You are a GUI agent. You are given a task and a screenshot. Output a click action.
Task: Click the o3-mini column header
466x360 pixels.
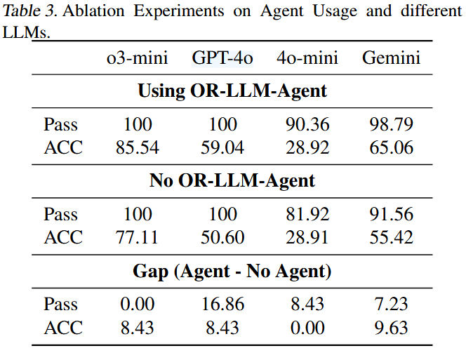coord(138,58)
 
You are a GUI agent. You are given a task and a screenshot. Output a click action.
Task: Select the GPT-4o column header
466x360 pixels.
coord(222,58)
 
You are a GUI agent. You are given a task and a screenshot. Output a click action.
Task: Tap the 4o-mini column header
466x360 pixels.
coord(307,58)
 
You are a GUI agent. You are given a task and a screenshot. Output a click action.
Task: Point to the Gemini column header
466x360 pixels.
coord(392,58)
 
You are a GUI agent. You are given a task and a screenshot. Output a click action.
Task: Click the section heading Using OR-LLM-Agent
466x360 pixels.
coord(232,91)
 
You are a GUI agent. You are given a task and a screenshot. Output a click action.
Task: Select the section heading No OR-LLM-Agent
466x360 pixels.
coord(232,181)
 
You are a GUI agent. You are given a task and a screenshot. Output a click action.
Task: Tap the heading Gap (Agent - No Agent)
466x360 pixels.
coord(232,271)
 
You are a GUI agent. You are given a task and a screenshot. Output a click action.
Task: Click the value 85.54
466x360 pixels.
coord(138,147)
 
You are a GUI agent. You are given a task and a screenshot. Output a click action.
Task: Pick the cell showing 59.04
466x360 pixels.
coord(222,147)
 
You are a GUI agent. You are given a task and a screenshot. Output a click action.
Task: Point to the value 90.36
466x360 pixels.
coord(307,125)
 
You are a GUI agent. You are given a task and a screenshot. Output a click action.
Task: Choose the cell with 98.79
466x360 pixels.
coord(392,125)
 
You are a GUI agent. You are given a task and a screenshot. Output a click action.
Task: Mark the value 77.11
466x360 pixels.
coord(138,237)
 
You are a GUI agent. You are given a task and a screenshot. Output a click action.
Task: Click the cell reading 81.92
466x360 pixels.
coord(307,215)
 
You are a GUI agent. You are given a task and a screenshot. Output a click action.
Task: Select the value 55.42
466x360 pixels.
coord(392,237)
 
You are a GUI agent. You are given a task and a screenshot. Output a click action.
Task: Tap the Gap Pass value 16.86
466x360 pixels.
coord(222,305)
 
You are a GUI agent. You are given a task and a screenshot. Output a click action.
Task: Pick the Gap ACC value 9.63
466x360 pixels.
coord(392,327)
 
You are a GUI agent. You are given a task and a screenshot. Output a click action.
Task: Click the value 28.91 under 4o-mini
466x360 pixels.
coord(307,237)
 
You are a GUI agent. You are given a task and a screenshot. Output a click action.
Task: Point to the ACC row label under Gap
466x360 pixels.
coord(63,327)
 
